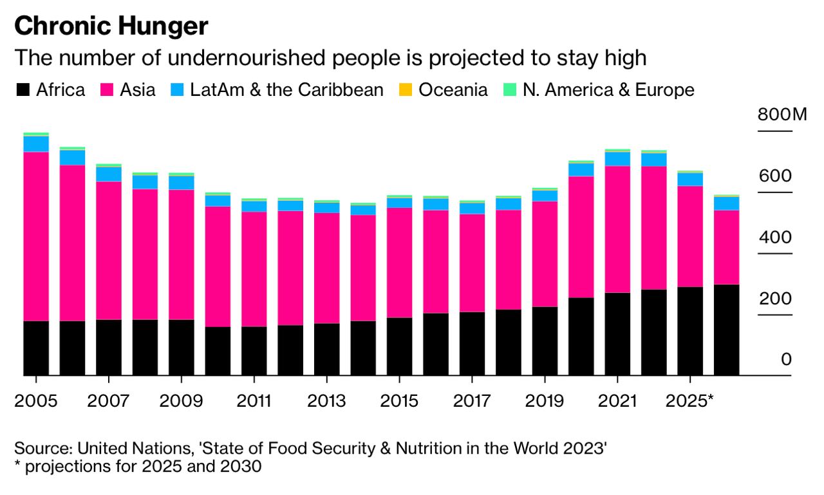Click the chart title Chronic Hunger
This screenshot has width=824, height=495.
pos(111,26)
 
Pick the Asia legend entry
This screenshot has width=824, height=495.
pos(128,90)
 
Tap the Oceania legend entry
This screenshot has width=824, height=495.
pos(444,90)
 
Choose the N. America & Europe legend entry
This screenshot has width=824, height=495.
pos(599,90)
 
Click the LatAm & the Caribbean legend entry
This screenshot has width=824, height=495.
pos(277,90)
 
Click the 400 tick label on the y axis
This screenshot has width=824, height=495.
pos(775,238)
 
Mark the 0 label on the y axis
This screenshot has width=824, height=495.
pos(786,360)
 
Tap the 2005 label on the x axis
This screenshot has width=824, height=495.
pos(35,400)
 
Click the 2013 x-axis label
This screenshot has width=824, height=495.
pos(326,400)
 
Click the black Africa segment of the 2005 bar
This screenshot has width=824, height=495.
pos(36,348)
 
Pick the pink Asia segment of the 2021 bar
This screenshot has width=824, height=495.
pos(617,229)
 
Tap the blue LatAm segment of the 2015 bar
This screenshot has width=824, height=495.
pos(399,203)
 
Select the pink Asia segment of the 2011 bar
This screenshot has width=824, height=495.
pos(254,269)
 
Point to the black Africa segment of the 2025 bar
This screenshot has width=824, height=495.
pos(690,331)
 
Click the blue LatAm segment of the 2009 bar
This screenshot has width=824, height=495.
pos(181,183)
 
